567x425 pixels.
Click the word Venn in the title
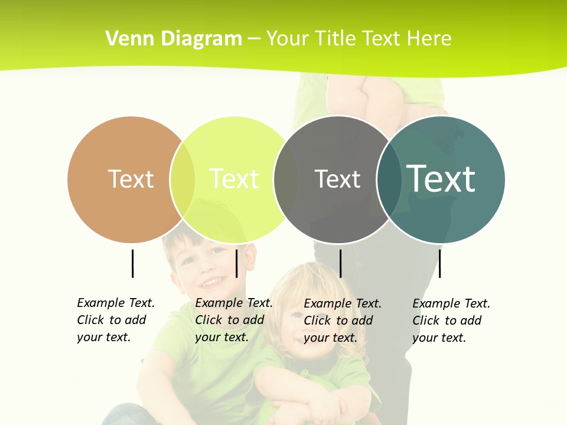click(x=124, y=39)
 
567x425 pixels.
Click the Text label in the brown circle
click(x=131, y=179)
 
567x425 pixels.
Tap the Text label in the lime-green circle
click(x=234, y=179)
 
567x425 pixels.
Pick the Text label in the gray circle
click(x=337, y=179)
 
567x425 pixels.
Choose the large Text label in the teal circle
click(x=441, y=178)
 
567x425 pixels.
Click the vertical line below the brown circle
click(x=132, y=263)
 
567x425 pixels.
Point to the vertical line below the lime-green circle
click(x=236, y=263)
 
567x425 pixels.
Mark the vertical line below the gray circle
click(x=340, y=263)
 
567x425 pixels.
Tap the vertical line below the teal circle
click(x=439, y=263)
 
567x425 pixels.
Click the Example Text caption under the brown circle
click(x=115, y=320)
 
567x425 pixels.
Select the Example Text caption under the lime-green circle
click(x=233, y=320)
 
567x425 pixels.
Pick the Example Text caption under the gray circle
click(x=342, y=321)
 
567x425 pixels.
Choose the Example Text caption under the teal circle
click(x=451, y=321)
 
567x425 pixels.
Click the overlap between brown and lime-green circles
click(x=183, y=179)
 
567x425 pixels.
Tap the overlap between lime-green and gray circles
click(x=286, y=179)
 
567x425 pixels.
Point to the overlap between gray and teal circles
click(x=389, y=179)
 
